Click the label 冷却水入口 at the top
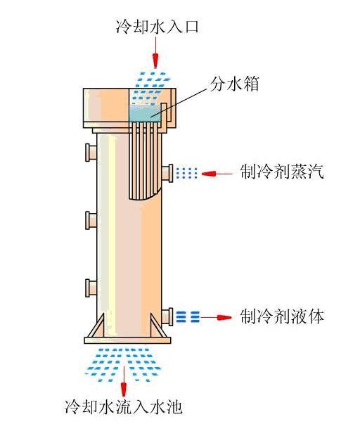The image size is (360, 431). click(157, 27)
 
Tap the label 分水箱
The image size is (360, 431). click(234, 84)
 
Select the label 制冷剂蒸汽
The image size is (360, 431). click(282, 172)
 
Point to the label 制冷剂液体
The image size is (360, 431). click(282, 316)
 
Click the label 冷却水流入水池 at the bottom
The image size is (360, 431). click(123, 406)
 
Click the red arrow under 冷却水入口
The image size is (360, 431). click(156, 52)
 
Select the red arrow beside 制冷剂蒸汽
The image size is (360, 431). click(217, 174)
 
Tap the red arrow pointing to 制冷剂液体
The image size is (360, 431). click(216, 317)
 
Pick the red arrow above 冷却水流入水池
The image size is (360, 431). click(124, 380)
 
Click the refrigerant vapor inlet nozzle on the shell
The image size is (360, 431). click(167, 173)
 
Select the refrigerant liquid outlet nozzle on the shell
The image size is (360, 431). click(167, 317)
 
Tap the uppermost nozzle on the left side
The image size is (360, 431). click(91, 153)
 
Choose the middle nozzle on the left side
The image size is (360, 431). click(91, 220)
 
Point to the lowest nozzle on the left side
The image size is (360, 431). click(91, 288)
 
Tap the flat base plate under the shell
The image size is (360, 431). click(127, 340)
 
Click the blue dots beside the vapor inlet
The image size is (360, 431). click(186, 173)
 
